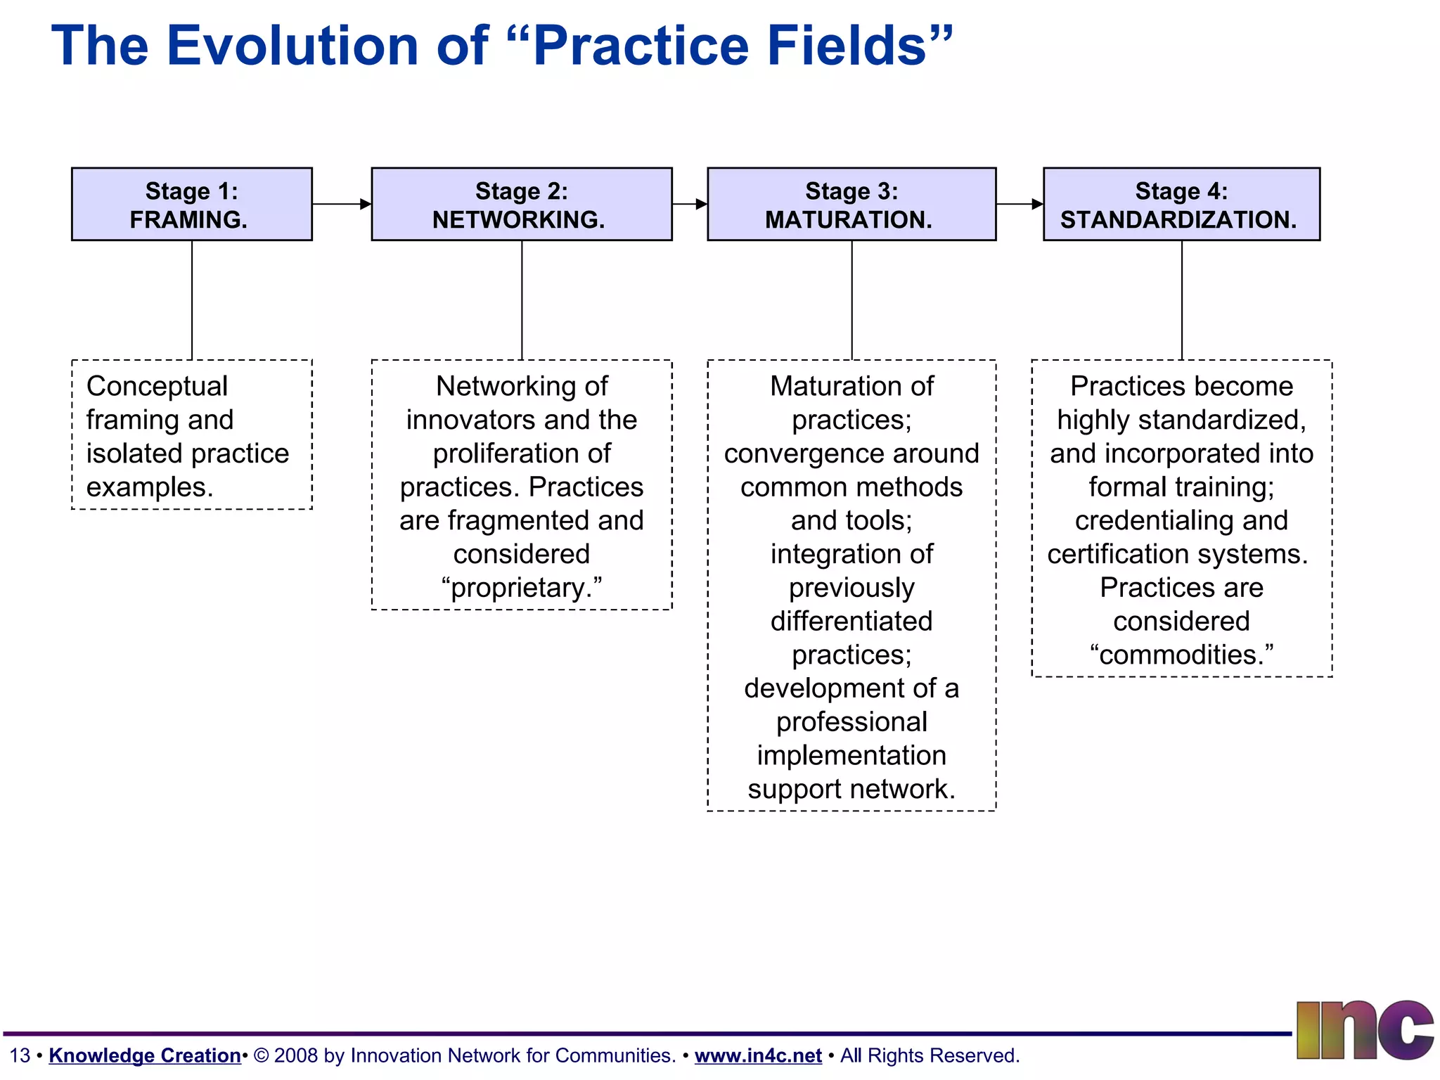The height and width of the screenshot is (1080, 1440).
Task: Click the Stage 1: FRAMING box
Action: click(191, 205)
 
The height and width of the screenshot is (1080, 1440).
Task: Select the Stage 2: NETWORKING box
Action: click(521, 205)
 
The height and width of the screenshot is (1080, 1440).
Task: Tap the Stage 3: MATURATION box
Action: click(851, 205)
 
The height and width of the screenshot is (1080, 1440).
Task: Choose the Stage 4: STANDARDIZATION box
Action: click(1181, 205)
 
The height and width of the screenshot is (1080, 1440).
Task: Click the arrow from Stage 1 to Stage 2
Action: click(342, 204)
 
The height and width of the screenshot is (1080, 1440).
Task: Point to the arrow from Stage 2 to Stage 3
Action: click(690, 204)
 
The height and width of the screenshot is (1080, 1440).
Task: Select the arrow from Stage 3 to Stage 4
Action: click(1020, 204)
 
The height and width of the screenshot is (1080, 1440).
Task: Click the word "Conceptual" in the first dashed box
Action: click(157, 386)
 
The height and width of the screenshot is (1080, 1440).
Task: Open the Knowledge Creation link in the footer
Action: click(145, 1055)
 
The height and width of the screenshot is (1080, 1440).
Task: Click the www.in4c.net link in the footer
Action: click(758, 1055)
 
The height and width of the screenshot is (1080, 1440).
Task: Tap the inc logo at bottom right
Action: click(1364, 1030)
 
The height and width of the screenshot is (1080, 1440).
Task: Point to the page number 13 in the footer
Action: click(20, 1055)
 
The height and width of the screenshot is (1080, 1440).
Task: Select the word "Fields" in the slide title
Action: click(847, 46)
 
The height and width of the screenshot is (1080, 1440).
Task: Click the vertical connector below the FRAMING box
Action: click(192, 300)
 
